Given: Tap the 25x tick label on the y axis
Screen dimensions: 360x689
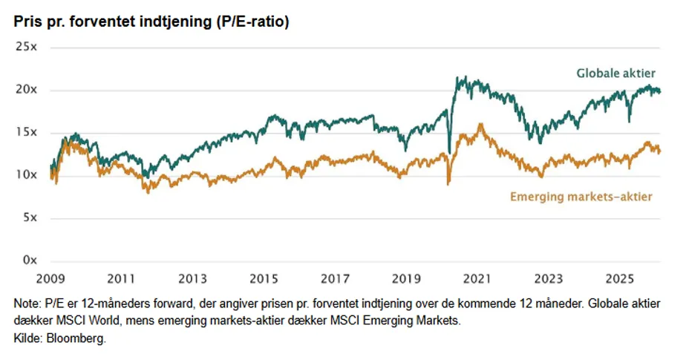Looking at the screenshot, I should (27, 47).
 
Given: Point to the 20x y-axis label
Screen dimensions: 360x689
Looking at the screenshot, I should (27, 90).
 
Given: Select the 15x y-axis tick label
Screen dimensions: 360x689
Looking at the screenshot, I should (27, 132).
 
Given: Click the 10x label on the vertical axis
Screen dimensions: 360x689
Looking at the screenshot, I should (27, 175).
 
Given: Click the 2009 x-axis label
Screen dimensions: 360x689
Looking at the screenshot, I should (49, 279).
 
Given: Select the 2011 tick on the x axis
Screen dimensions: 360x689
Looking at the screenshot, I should (120, 279).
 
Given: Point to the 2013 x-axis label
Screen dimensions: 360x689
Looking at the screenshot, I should (192, 279).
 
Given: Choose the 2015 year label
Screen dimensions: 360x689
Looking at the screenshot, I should (264, 279).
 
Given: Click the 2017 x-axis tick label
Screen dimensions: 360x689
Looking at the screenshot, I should (335, 279).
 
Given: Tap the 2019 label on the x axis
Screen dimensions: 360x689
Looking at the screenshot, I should (406, 279).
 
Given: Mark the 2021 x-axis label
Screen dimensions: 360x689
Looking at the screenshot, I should (477, 279).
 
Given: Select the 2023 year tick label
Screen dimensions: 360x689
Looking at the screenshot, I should (549, 279).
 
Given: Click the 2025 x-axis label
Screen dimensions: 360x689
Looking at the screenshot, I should (620, 279).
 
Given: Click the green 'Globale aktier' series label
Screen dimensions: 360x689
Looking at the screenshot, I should (616, 73).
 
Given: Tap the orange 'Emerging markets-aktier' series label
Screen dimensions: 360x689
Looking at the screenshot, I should (581, 197).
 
